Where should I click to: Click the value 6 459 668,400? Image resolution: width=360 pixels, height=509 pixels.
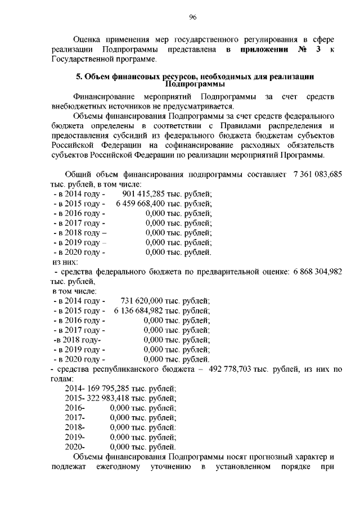(x=140, y=204)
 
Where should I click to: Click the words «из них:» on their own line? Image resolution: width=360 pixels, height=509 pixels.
(x=65, y=262)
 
